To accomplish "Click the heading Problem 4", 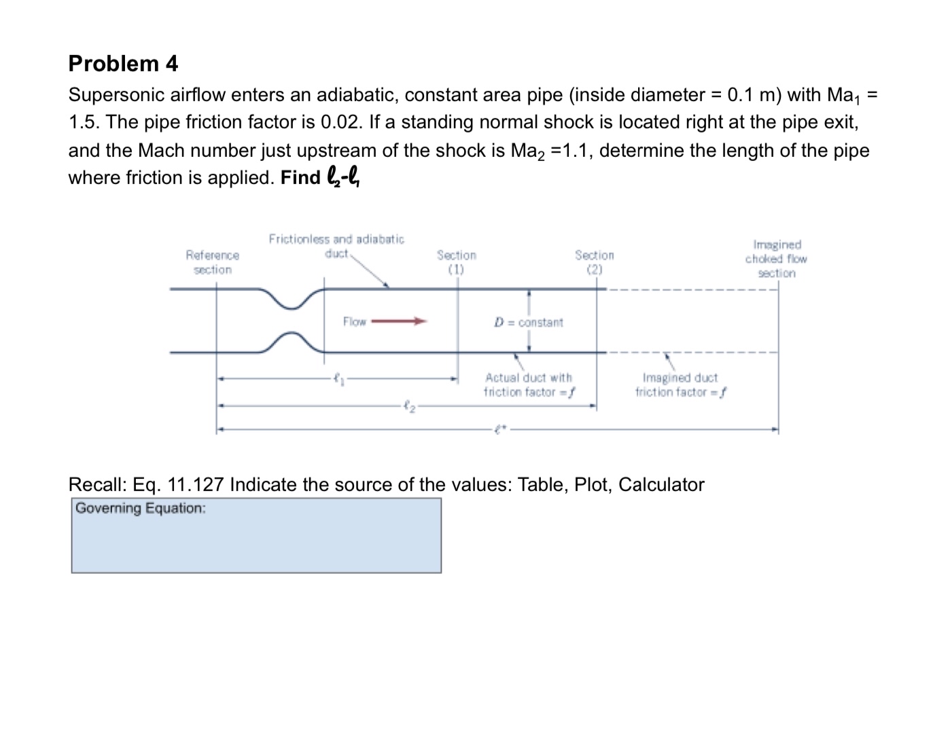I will coord(123,63).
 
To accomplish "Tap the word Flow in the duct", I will coord(354,321).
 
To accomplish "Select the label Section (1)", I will coord(456,262).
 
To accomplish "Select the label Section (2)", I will coord(594,262).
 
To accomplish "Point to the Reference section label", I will coord(212,262).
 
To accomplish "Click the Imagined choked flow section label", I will coord(776,259).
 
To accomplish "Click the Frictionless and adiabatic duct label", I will coord(336,246).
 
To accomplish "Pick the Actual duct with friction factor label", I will coord(529,384).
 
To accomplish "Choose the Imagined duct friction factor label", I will coord(680,384).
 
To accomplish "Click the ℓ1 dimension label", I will coord(337,379).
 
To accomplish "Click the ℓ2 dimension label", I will coord(406,407).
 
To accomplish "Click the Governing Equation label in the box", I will coord(141,508).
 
